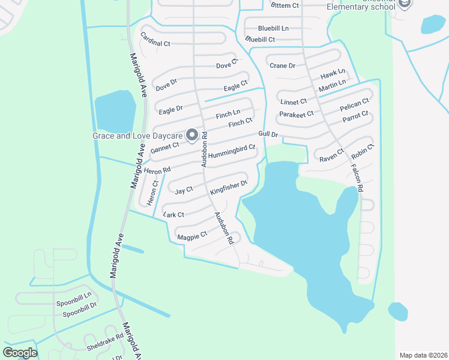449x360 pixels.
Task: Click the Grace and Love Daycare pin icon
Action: click(192, 136)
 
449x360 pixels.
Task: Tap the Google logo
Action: click(20, 352)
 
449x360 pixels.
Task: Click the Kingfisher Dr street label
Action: click(229, 187)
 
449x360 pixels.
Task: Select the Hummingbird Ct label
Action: click(232, 151)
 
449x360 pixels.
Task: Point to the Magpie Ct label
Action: click(192, 236)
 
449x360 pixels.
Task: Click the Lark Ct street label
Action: click(173, 214)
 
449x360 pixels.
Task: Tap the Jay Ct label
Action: click(184, 190)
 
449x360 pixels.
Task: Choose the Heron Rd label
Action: click(157, 171)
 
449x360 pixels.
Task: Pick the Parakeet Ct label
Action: click(297, 114)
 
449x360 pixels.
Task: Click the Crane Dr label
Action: click(282, 65)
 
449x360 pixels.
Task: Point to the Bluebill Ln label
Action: click(273, 28)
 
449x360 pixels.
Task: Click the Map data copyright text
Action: click(423, 355)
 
